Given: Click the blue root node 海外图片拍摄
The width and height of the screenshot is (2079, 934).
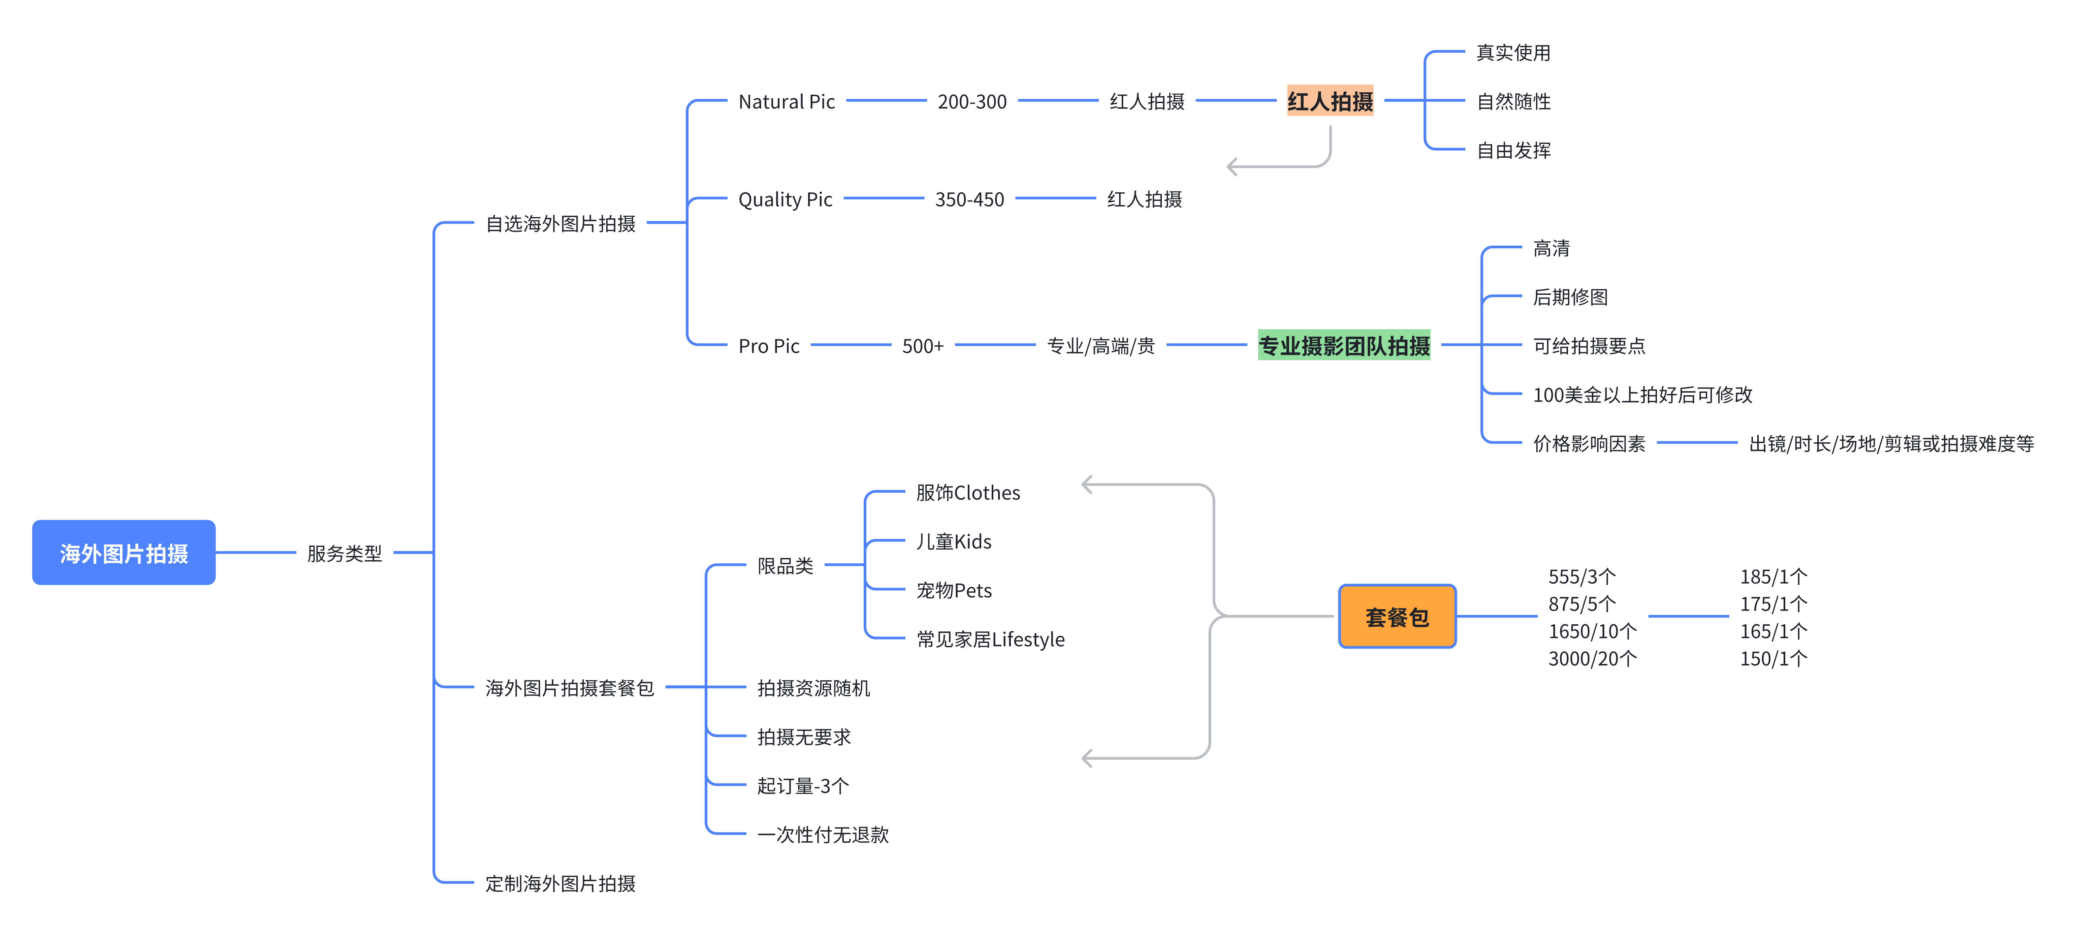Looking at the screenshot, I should [124, 553].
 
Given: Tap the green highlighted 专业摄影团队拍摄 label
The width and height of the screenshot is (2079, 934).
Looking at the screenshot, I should [1344, 345].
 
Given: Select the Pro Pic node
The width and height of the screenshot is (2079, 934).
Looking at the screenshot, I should [768, 346].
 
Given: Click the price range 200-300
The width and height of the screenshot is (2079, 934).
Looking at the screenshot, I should [972, 102].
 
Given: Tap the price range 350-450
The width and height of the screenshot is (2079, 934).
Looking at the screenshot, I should [969, 199].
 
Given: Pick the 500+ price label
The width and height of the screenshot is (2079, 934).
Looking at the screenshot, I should [923, 346].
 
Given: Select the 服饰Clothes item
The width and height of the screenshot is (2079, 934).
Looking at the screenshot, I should [968, 492].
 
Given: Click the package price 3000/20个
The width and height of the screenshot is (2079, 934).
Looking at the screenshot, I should [1592, 659].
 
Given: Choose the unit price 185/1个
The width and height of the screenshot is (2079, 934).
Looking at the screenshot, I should [1773, 577].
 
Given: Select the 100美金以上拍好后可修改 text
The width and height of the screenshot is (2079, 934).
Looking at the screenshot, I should [1642, 395].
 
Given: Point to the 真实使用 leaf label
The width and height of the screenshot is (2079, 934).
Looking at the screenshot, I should [1513, 53].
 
